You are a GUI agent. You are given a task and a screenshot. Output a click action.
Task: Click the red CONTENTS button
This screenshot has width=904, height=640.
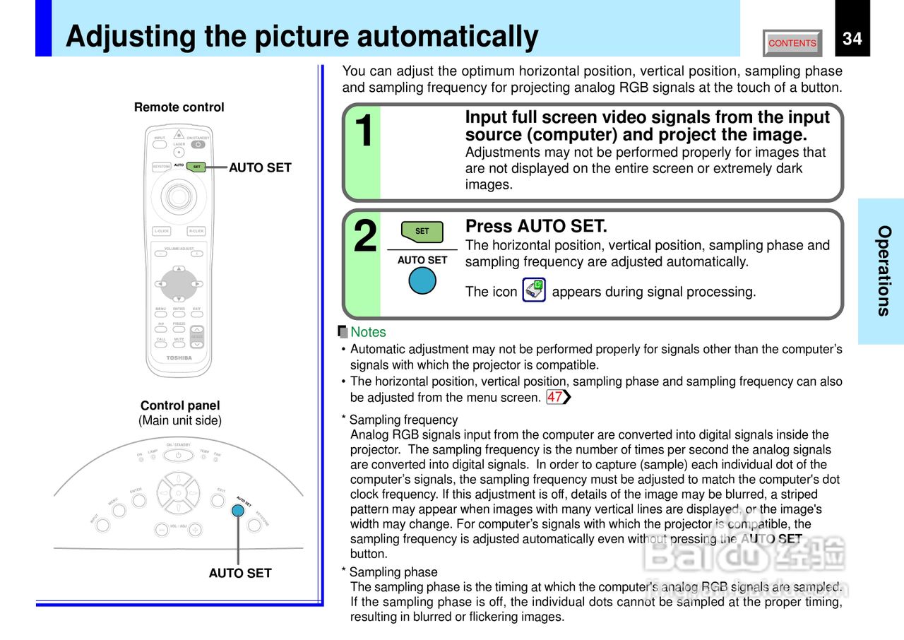click(792, 43)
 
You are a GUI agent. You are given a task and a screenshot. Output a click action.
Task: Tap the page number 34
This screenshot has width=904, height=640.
click(852, 38)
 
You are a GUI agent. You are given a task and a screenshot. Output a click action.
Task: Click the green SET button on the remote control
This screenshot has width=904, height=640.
click(196, 167)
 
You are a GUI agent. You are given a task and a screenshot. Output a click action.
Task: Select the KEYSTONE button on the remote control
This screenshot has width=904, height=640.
click(162, 167)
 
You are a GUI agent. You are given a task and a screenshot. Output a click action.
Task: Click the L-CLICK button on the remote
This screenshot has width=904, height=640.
click(161, 231)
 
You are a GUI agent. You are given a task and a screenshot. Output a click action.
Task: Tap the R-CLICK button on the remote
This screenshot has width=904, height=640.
click(196, 231)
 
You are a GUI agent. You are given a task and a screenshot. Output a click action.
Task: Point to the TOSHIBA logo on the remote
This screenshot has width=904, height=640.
click(179, 358)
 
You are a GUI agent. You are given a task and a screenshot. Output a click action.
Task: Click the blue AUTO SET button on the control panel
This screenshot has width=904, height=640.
click(239, 509)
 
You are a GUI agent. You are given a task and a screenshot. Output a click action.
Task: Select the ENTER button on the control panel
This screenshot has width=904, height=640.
click(139, 500)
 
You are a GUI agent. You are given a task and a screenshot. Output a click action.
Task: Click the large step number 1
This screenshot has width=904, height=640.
click(364, 131)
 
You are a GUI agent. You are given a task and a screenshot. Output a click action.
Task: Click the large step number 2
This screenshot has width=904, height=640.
click(365, 237)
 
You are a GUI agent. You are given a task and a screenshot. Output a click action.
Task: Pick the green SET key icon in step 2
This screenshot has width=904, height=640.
click(422, 232)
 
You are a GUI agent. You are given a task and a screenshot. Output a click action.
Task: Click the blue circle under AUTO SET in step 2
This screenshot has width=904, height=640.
click(422, 280)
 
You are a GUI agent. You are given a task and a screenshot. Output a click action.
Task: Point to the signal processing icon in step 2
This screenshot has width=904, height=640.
click(534, 290)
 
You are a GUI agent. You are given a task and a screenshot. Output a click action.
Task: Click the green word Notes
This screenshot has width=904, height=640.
click(368, 332)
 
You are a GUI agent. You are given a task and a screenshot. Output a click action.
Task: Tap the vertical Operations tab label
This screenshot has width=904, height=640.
click(884, 271)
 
